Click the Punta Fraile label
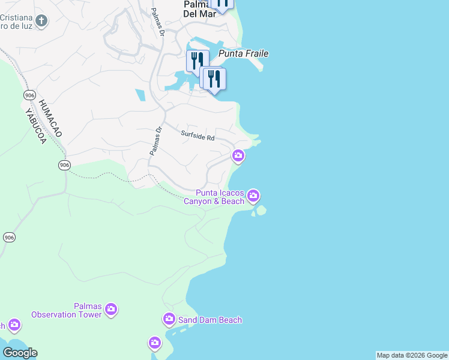pyautogui.click(x=243, y=53)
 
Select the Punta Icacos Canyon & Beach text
pyautogui.click(x=220, y=197)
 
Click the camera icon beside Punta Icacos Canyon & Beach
pyautogui.click(x=253, y=196)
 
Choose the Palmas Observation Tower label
pyautogui.click(x=67, y=310)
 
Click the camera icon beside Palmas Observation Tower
pyautogui.click(x=110, y=310)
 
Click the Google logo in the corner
pyautogui.click(x=20, y=353)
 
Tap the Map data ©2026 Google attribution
pyautogui.click(x=412, y=355)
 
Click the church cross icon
pyautogui.click(x=41, y=22)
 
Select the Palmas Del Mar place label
pyautogui.click(x=199, y=8)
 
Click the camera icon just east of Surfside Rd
pyautogui.click(x=238, y=156)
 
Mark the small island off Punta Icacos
pyautogui.click(x=261, y=211)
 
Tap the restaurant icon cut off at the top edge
pyautogui.click(x=221, y=4)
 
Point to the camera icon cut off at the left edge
pyautogui.click(x=13, y=325)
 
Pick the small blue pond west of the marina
pyautogui.click(x=140, y=95)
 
